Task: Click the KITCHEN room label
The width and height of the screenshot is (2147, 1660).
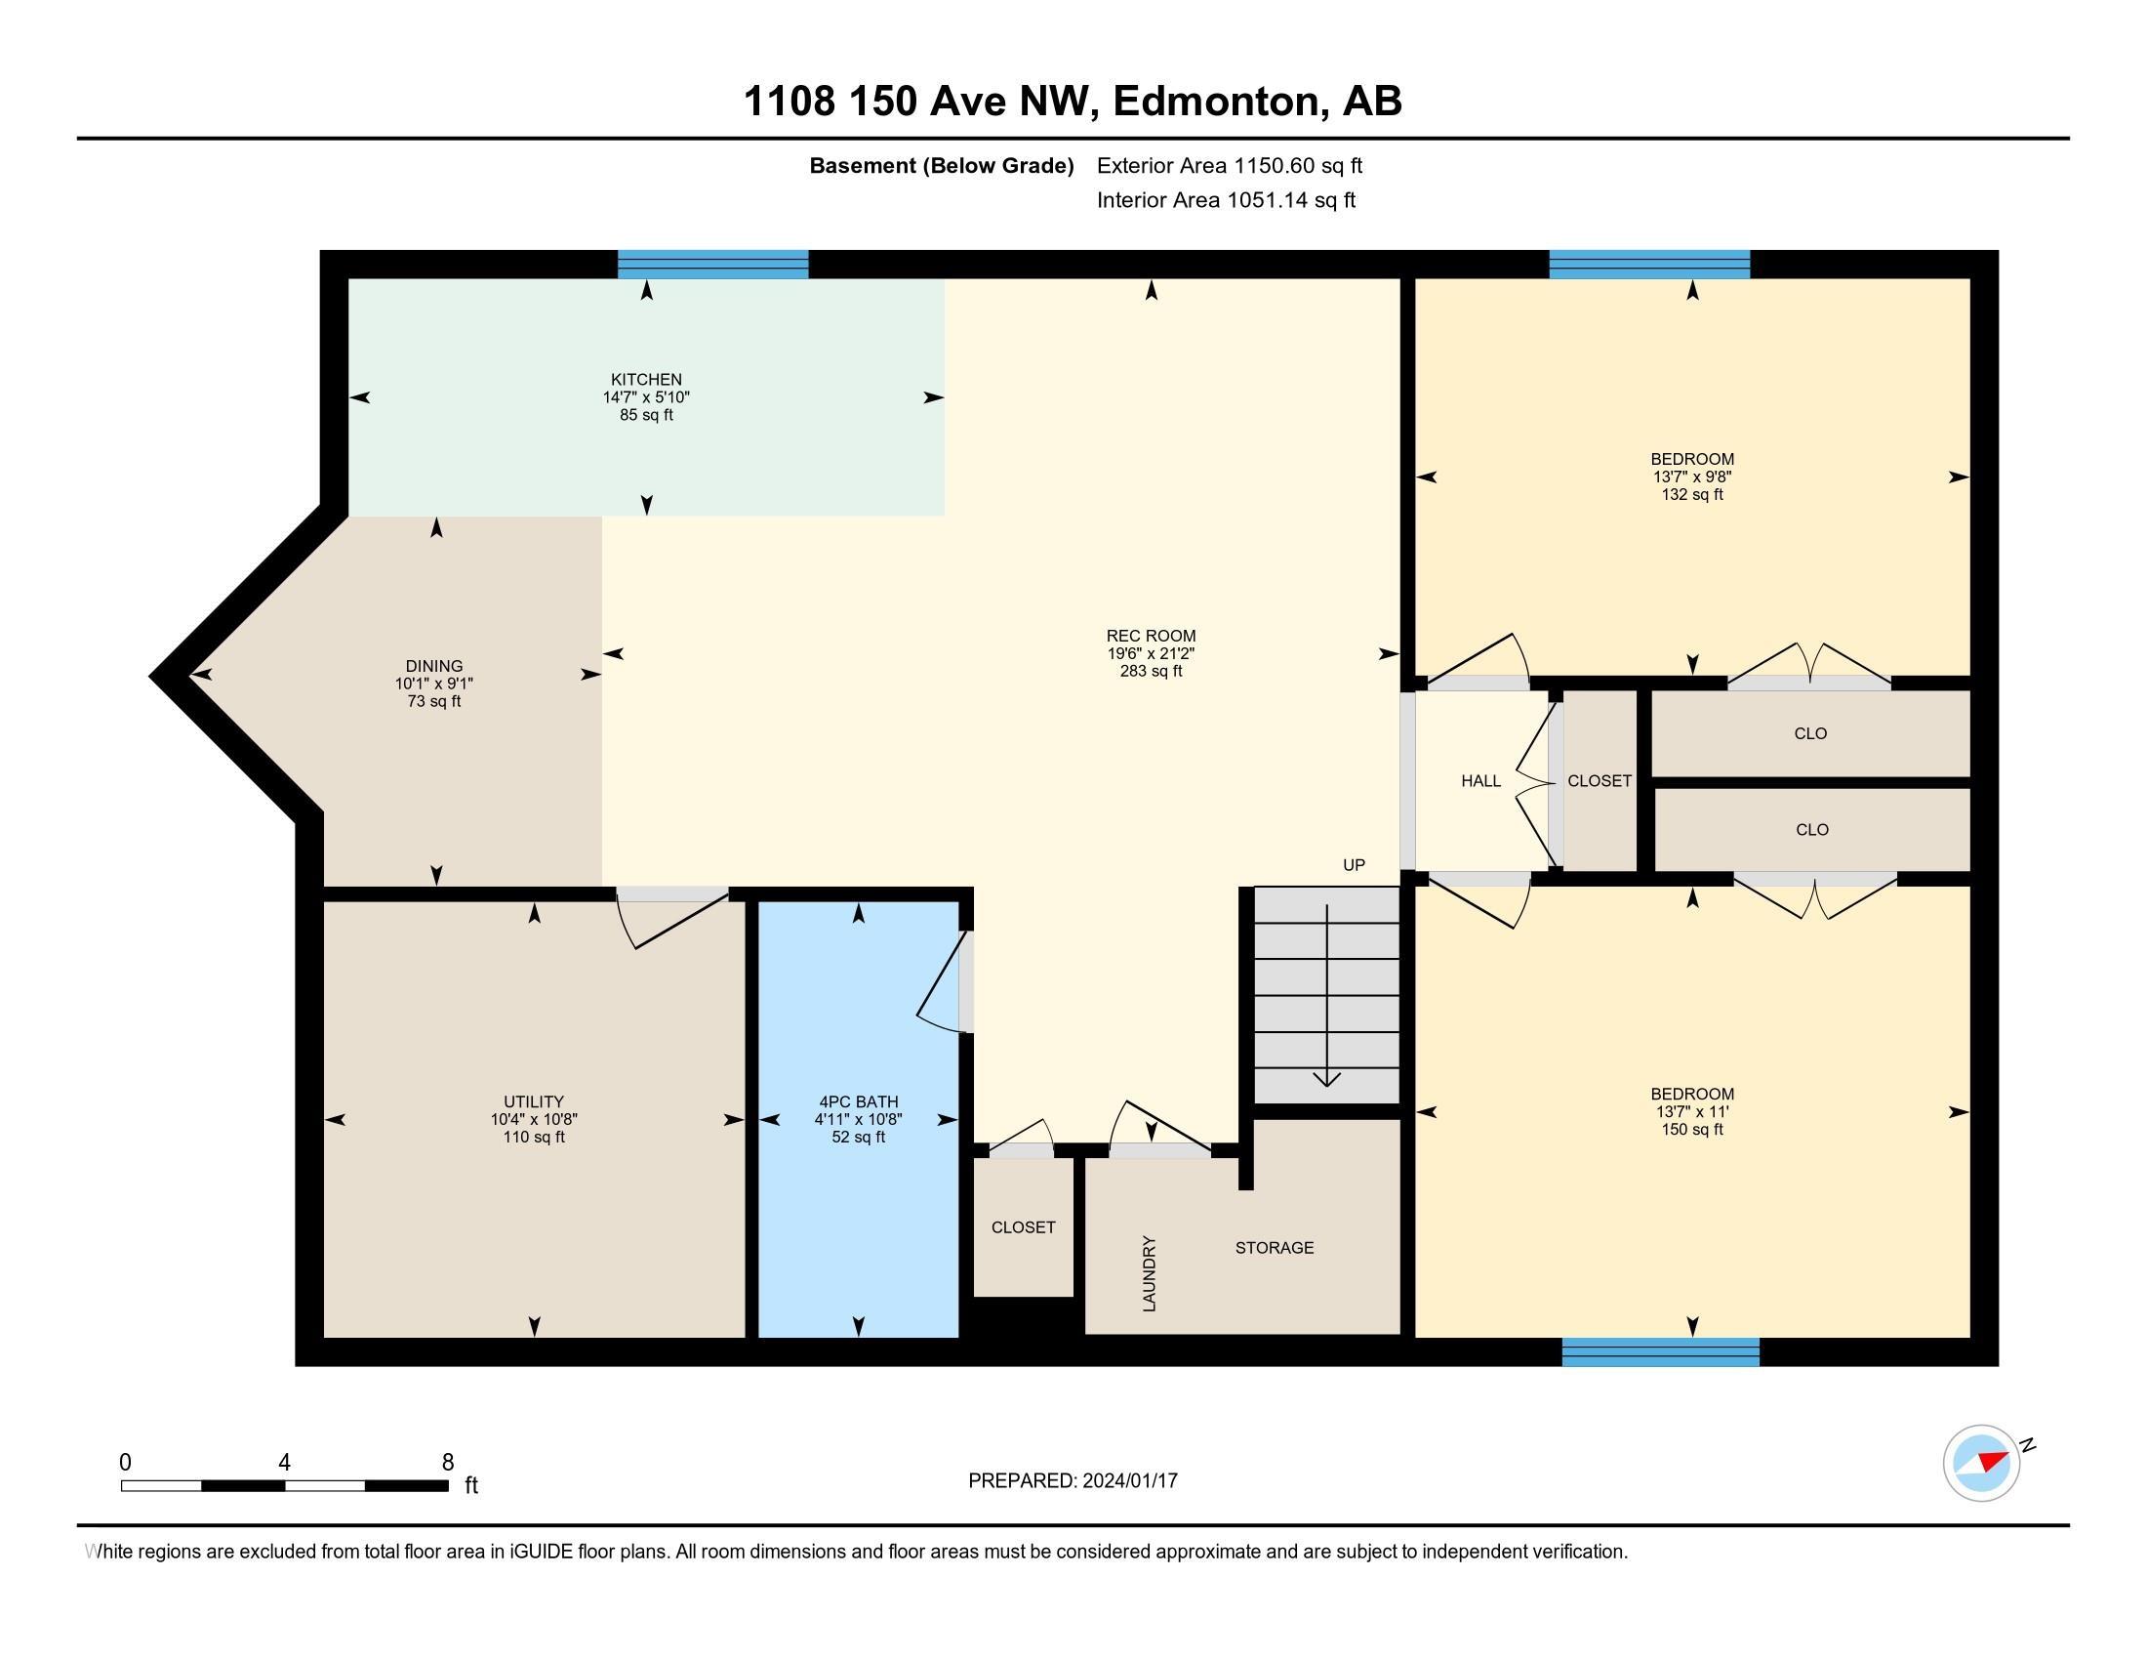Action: [x=646, y=380]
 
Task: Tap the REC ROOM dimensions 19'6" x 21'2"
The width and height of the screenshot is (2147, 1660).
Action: [x=1151, y=654]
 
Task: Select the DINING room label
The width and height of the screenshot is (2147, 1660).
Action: [x=433, y=666]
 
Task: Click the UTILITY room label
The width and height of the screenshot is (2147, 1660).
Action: [x=534, y=1101]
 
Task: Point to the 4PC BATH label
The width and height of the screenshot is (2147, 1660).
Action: [x=858, y=1101]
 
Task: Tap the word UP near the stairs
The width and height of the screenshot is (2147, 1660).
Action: [x=1354, y=865]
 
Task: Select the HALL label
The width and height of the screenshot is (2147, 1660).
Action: [x=1480, y=781]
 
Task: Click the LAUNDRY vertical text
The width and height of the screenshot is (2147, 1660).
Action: [x=1150, y=1273]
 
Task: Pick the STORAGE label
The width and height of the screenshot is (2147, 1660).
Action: [x=1274, y=1248]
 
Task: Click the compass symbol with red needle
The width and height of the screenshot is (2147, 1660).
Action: [x=1981, y=1464]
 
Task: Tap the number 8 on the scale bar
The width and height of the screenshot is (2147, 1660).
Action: [x=447, y=1463]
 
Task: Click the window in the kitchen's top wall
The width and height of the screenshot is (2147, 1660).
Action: [x=712, y=265]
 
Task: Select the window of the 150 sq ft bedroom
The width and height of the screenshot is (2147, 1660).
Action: [x=1660, y=1352]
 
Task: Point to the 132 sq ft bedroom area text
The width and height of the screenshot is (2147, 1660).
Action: [x=1692, y=495]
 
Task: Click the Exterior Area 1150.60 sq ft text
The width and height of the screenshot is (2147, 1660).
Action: [x=1229, y=166]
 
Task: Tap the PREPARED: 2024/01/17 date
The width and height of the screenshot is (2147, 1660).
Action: [x=1073, y=1481]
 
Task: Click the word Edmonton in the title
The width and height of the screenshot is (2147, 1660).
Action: [x=1217, y=102]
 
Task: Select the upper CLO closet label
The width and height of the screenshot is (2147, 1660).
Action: [x=1809, y=733]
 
